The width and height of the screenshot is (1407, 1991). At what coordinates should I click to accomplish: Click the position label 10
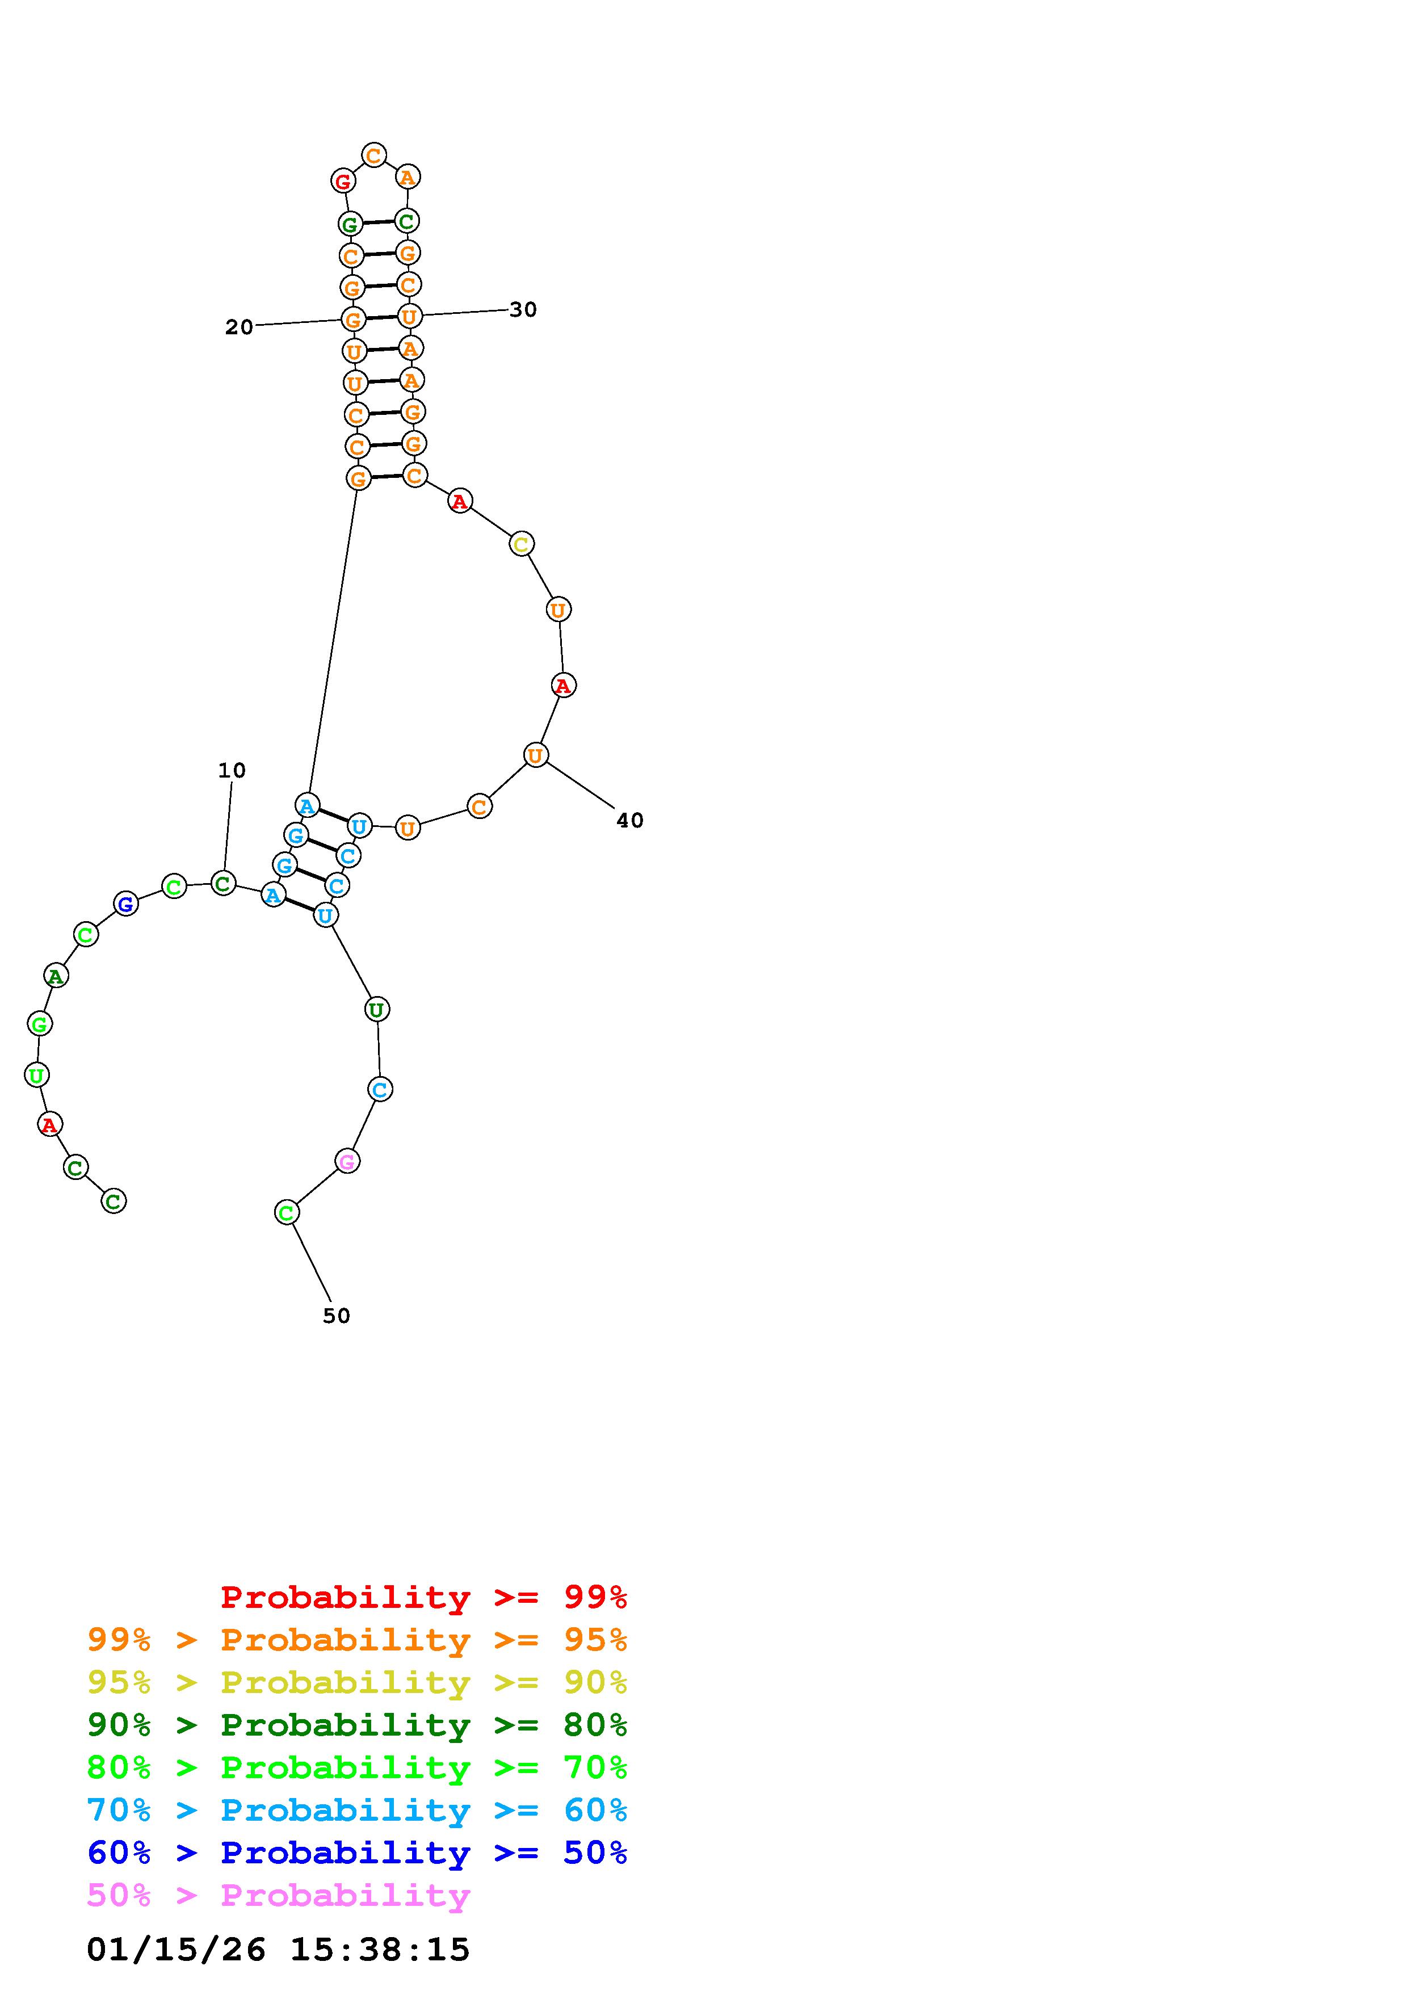(x=232, y=770)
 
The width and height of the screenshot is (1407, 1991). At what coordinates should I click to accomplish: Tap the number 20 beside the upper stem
(x=240, y=327)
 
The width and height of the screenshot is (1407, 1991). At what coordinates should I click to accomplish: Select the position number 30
(x=523, y=309)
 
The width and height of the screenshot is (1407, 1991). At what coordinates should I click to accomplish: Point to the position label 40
(x=630, y=820)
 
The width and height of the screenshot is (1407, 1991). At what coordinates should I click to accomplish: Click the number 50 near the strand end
(x=337, y=1316)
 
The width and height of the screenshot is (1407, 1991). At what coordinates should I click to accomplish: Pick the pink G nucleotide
(x=347, y=1161)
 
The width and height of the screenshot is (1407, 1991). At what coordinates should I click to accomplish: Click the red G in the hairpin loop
(x=343, y=181)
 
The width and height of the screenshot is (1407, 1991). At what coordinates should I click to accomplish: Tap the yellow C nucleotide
(x=521, y=545)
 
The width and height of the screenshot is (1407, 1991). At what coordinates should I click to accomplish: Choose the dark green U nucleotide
(x=376, y=1009)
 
